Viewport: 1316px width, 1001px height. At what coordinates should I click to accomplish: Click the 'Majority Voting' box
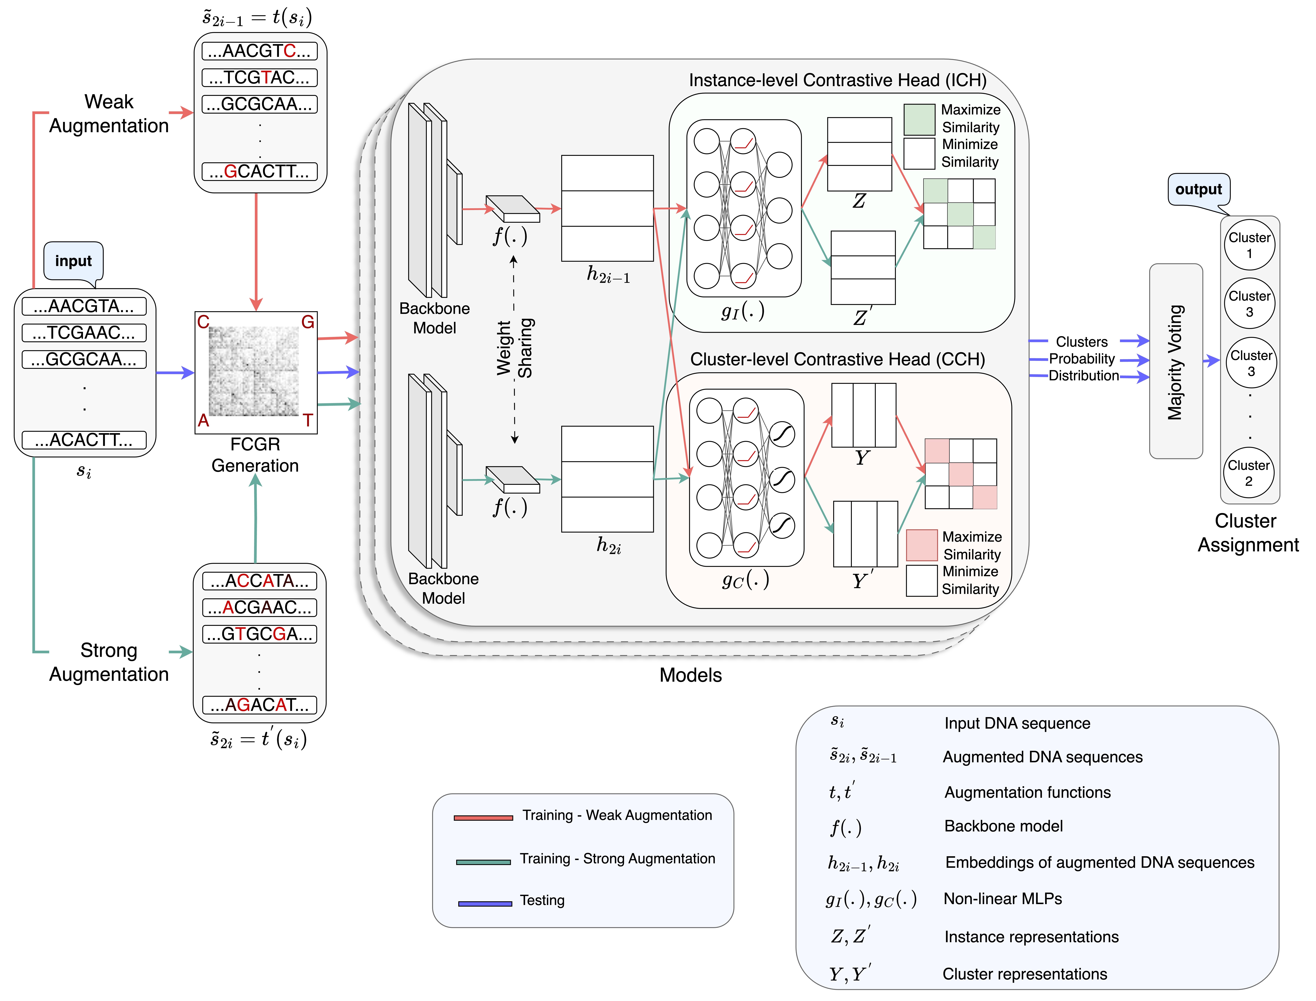tap(1175, 361)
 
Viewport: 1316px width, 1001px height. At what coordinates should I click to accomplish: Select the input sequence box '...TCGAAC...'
tap(84, 332)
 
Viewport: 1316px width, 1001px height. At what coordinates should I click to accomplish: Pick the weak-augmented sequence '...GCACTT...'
tap(259, 172)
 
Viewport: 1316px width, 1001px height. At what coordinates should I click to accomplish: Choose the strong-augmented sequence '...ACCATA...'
tap(259, 581)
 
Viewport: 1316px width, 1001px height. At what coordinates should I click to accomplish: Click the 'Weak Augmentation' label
tap(109, 114)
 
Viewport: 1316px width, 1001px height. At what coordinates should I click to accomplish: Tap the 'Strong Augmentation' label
tap(109, 662)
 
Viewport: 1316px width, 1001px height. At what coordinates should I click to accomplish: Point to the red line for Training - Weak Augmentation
tap(483, 818)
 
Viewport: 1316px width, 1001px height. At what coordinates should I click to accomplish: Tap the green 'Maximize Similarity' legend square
tap(919, 120)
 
